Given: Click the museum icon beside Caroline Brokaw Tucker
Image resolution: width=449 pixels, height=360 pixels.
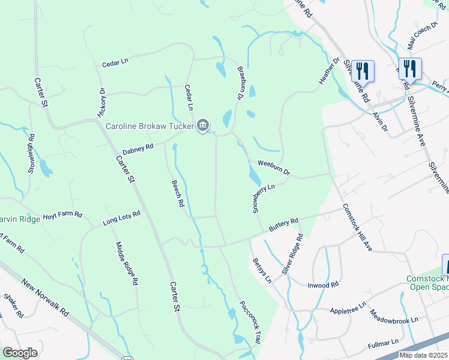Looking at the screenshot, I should click(x=203, y=125).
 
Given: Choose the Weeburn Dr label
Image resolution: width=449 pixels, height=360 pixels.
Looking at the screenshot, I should click(x=274, y=167).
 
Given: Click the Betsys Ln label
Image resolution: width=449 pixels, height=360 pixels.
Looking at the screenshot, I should click(x=262, y=270).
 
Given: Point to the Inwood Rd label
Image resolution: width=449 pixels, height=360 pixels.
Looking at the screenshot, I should click(x=324, y=285).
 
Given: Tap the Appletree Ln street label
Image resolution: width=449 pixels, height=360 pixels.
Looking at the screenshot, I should click(x=348, y=308).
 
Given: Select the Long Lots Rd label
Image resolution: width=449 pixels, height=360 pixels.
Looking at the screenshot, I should click(x=121, y=217).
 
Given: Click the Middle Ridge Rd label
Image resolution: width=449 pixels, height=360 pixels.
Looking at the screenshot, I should click(x=127, y=262).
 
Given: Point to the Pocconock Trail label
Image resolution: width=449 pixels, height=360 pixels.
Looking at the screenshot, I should click(x=250, y=322).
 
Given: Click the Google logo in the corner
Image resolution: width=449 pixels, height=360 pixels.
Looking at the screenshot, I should click(x=20, y=353).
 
